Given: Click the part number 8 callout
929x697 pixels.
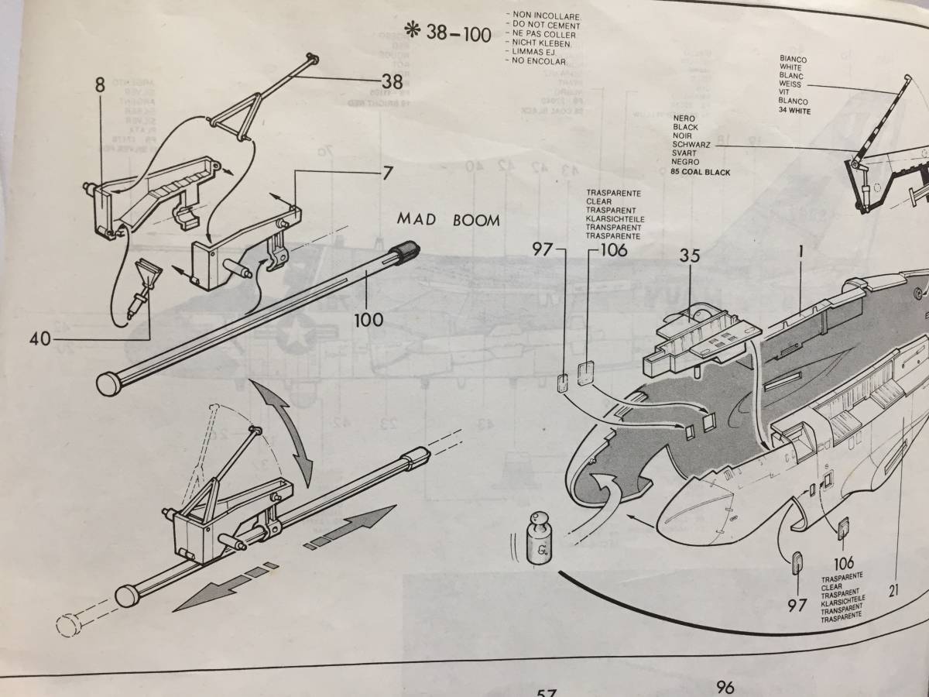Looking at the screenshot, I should pos(100,85).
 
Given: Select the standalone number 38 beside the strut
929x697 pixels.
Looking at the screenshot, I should pos(392,81).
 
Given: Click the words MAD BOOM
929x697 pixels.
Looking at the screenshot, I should pos(449,220).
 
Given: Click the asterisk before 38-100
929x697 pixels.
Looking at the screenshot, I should pos(411,33).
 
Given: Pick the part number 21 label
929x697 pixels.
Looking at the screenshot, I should pos(895,590).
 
